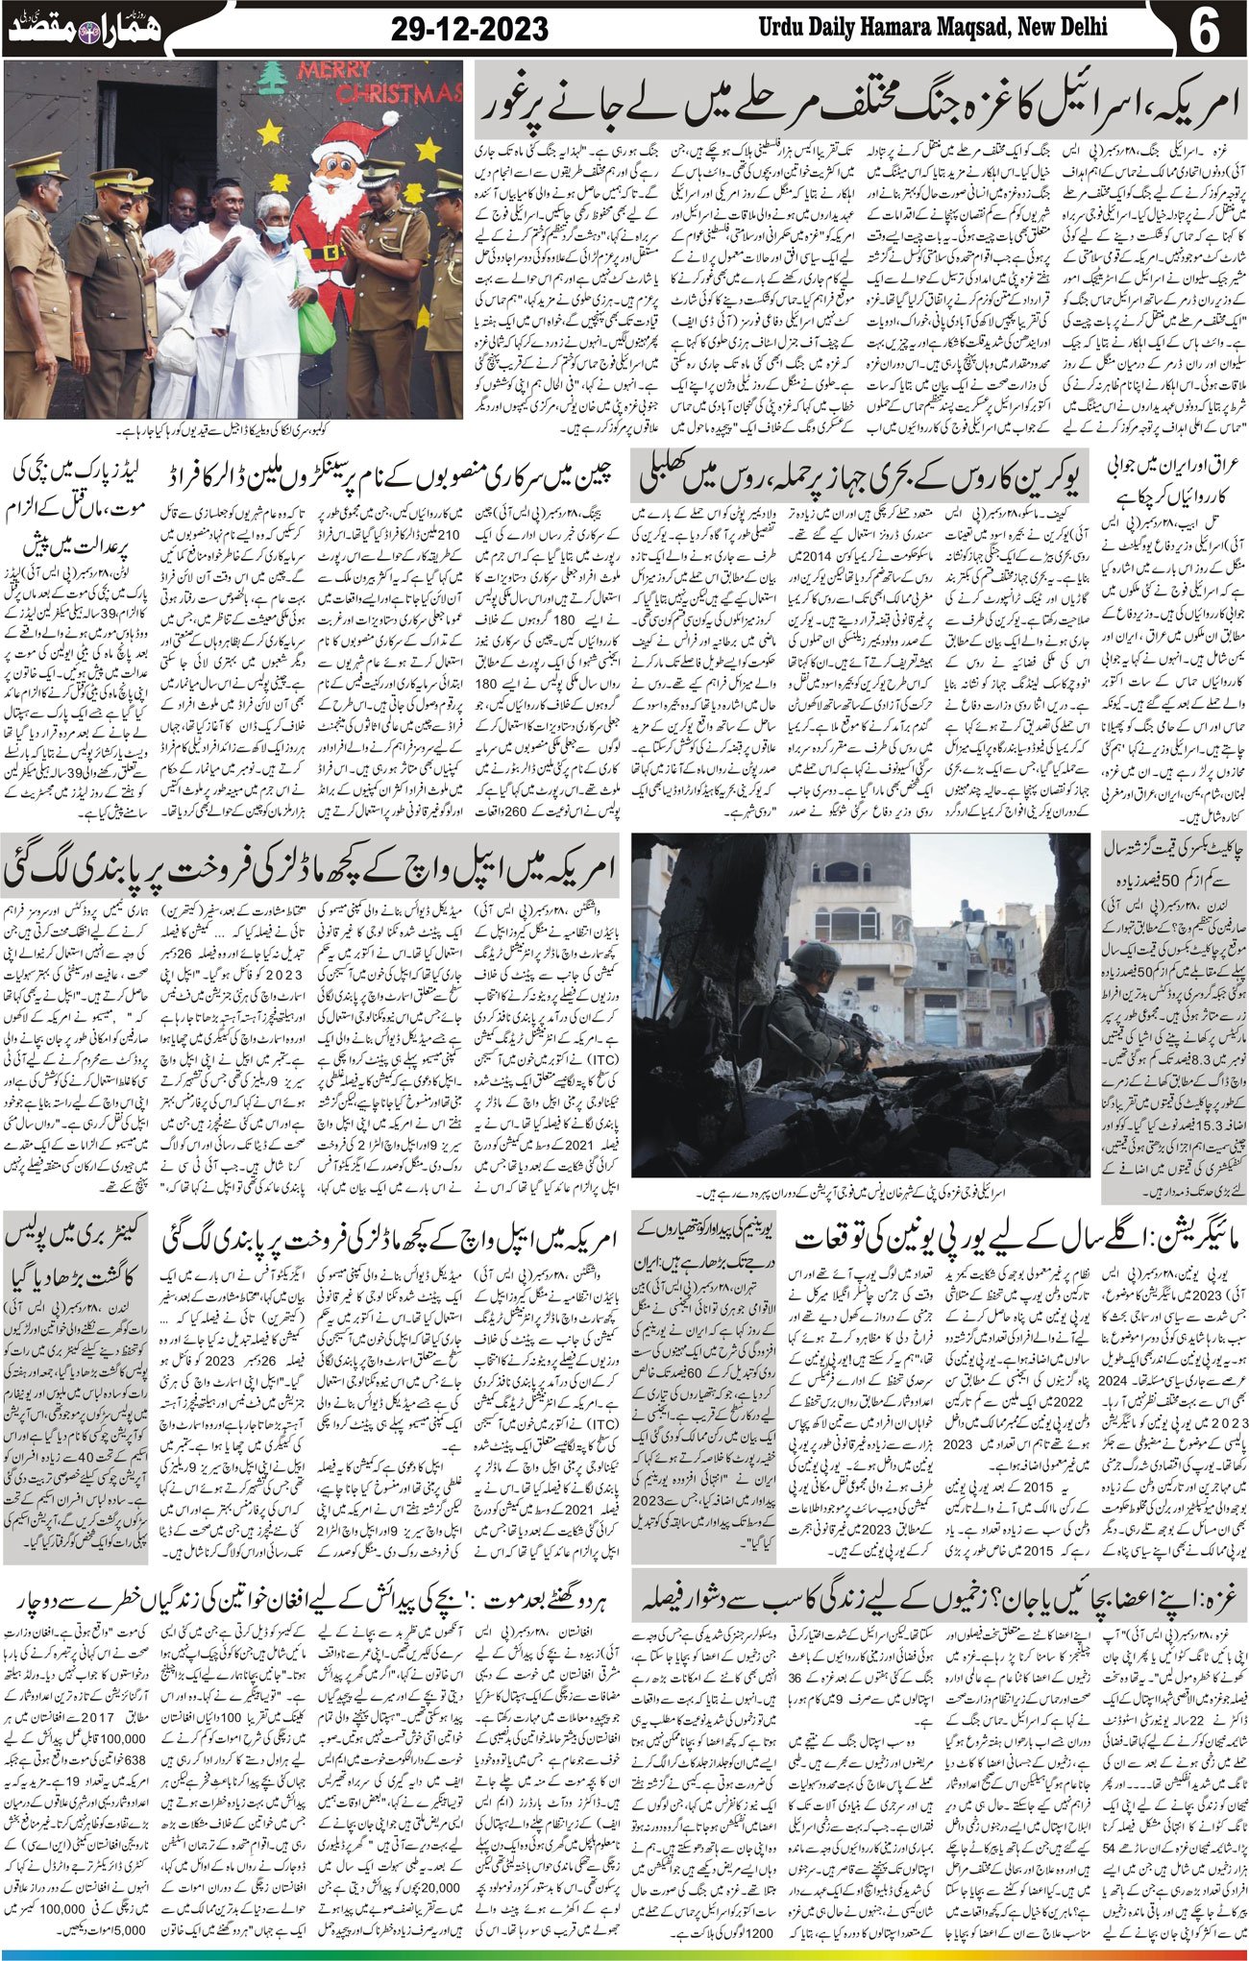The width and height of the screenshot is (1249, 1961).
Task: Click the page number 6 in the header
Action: coord(1202,29)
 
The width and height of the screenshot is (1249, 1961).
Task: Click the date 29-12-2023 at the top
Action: coord(470,29)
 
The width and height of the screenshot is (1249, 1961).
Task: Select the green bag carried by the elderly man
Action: coord(315,327)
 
